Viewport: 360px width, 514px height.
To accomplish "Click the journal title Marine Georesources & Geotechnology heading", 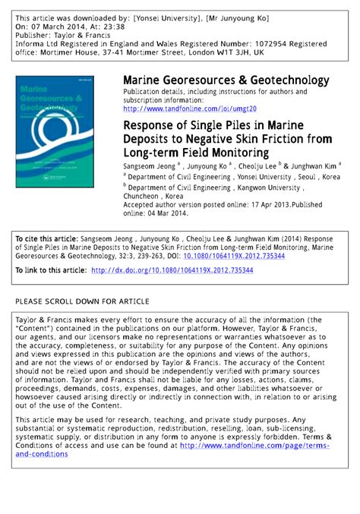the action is (x=226, y=80).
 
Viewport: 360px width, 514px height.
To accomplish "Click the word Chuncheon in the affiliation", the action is (x=144, y=195).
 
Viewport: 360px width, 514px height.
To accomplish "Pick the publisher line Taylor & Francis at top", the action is (x=84, y=34).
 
